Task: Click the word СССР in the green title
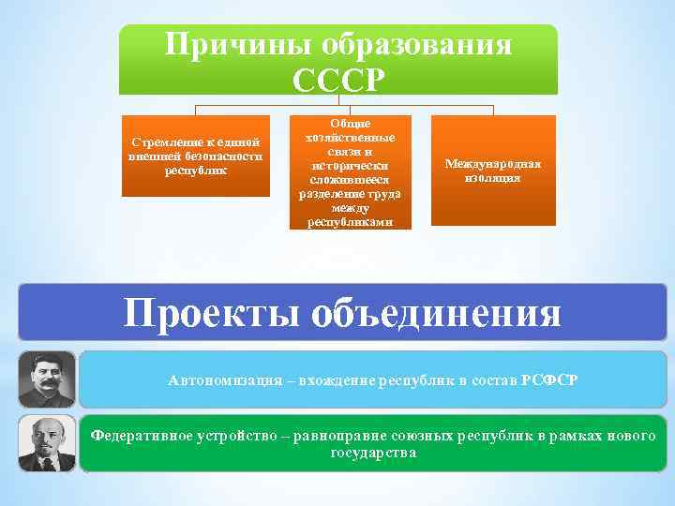point(338,79)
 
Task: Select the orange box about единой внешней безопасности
point(196,156)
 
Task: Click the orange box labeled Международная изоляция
point(493,171)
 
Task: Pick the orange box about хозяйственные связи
point(350,172)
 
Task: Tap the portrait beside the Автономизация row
point(46,379)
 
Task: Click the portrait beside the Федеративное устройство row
point(46,443)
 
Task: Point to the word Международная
point(493,164)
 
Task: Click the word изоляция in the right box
point(493,177)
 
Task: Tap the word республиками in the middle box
point(350,222)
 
